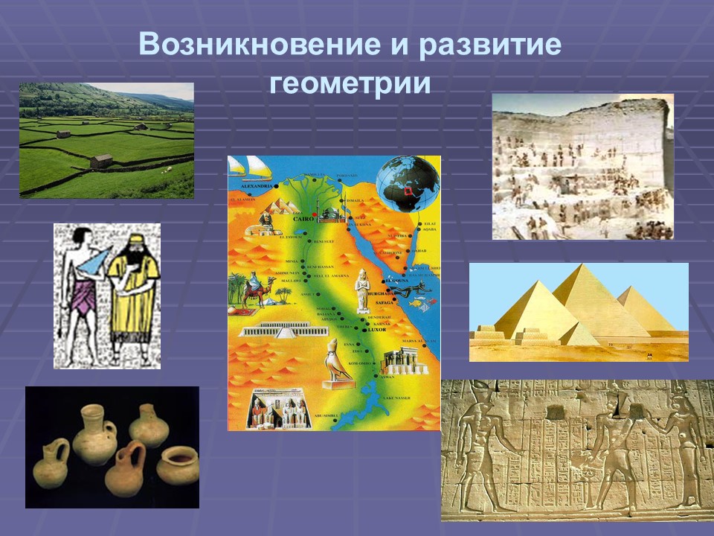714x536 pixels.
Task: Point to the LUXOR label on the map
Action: coord(378,330)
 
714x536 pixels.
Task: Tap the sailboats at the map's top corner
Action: coord(251,165)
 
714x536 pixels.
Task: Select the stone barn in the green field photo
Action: coord(101,161)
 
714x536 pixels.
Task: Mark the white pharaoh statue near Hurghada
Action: coord(362,290)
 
